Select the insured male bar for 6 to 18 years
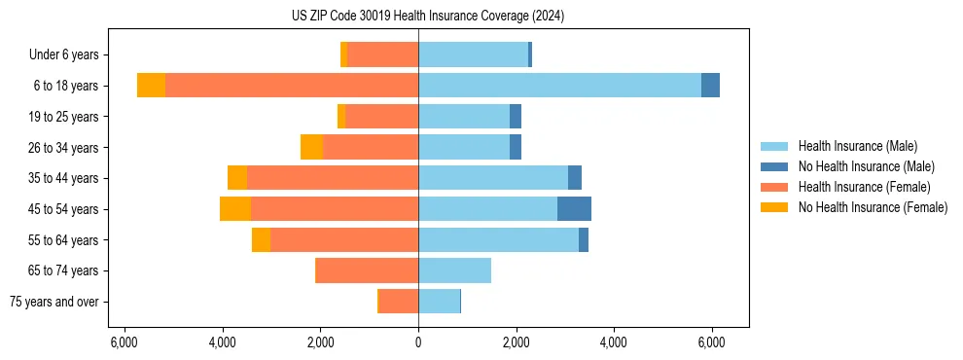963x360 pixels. (559, 86)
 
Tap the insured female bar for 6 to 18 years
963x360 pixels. (292, 86)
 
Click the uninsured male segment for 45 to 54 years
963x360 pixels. (574, 209)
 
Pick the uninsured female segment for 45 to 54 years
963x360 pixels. (235, 209)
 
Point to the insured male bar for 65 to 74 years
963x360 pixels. (454, 270)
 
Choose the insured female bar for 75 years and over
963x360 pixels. (399, 302)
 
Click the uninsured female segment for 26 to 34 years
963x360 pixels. (311, 147)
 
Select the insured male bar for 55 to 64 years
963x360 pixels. (498, 240)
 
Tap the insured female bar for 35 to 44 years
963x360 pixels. (333, 178)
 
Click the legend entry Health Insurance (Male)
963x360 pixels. (857, 146)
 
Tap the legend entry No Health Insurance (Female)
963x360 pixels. (873, 207)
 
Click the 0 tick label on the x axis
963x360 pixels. (418, 342)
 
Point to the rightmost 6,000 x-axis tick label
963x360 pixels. (711, 342)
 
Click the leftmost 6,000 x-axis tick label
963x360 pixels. (125, 342)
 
